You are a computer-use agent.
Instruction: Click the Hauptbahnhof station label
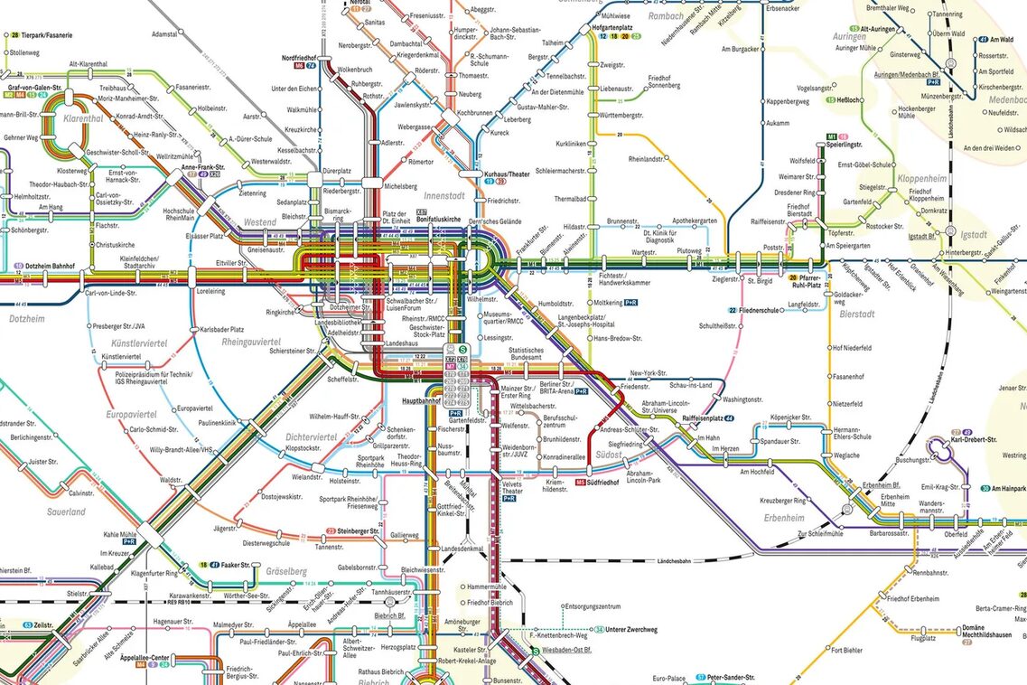(420, 399)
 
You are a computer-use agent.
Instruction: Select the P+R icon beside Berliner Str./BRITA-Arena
(581, 391)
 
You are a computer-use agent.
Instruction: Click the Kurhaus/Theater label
(507, 173)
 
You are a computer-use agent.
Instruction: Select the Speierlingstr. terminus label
(848, 145)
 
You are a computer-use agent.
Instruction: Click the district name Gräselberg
(286, 571)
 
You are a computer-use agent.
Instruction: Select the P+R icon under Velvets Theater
(509, 498)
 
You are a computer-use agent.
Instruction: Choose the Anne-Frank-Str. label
(202, 167)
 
